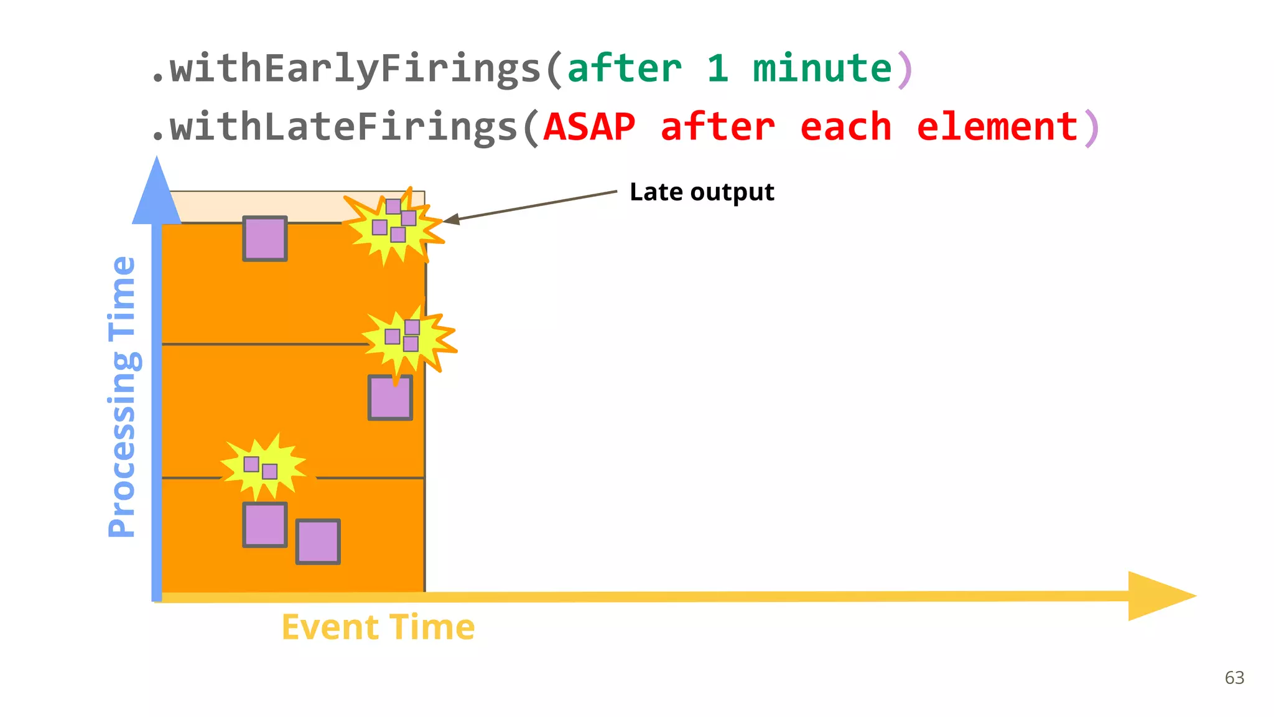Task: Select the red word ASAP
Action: click(589, 127)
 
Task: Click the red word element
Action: click(997, 127)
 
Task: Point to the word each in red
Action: click(845, 127)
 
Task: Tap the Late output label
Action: click(702, 192)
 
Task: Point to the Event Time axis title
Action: click(378, 627)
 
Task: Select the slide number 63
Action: click(1234, 678)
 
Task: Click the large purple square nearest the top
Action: click(265, 238)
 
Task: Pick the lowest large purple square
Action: click(318, 541)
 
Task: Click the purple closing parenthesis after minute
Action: click(905, 70)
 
